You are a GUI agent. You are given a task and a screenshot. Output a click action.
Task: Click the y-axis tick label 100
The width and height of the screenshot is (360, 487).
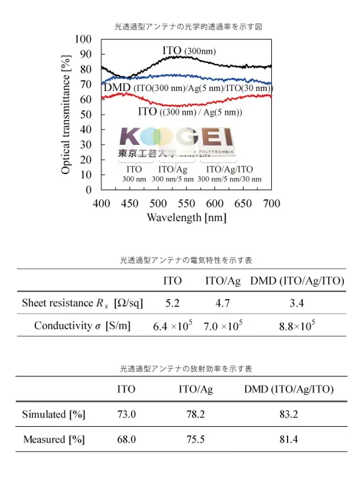point(83,39)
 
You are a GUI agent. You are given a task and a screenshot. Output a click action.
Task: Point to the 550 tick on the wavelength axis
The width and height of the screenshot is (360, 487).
point(187,203)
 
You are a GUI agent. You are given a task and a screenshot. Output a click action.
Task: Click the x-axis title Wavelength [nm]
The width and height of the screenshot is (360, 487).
point(186,218)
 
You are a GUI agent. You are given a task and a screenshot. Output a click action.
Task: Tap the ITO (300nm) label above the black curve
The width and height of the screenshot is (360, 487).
point(189,51)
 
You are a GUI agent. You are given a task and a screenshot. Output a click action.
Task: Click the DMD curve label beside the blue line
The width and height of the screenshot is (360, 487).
point(188,88)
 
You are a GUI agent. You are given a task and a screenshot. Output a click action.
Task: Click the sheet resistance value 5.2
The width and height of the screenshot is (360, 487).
point(172,303)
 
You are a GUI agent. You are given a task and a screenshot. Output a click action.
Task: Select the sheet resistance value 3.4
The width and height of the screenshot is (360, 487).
point(297,303)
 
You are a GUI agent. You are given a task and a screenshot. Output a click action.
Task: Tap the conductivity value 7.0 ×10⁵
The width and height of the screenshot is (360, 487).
point(223,326)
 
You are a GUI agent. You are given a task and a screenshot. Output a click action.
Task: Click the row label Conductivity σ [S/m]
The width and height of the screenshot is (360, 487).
point(82,326)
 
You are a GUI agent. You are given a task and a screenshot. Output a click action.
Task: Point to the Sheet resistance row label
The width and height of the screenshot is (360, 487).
point(82,303)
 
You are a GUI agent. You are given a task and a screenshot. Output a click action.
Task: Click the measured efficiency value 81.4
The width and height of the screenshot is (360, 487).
point(288,439)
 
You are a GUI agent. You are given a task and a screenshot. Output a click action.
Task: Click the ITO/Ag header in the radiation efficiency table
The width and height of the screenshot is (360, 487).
point(195,390)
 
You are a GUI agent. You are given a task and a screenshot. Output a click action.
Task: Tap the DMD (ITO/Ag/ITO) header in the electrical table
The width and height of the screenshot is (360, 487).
point(297,281)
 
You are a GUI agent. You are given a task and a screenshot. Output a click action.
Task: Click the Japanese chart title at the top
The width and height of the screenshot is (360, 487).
point(188,27)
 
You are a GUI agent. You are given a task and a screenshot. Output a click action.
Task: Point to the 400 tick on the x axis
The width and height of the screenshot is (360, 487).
point(101,203)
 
